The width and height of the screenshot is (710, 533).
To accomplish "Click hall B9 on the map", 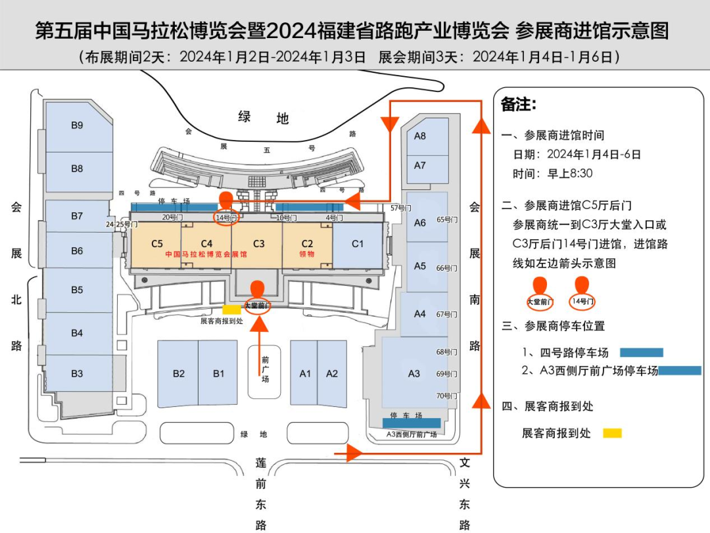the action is pos(77,126).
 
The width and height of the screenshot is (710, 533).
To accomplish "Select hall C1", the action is pos(357,244).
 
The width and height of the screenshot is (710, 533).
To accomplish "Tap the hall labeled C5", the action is pos(156,244).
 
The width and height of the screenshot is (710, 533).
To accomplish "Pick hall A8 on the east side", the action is pos(420,136).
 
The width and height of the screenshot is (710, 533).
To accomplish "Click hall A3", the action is pos(414,373).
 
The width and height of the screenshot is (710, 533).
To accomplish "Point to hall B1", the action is pos(218,373).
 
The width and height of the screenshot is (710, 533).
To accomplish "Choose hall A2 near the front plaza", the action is pos(332,373).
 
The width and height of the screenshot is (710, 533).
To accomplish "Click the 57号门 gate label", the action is pos(400,208).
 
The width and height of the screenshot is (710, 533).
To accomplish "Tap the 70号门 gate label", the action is pos(446,396).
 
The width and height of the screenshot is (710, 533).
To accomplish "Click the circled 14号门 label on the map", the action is pos(225,218).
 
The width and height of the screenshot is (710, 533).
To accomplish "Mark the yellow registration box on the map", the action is pos(231,310).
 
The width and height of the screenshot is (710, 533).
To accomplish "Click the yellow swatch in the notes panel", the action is pos(612,433).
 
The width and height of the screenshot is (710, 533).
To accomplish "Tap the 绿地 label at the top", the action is pos(263,118).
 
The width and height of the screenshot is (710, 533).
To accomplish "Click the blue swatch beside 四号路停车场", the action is pos(642,352).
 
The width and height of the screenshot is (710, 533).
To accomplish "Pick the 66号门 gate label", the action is pos(446,268).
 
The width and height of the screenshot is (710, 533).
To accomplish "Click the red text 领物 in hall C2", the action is pos(307,254).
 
